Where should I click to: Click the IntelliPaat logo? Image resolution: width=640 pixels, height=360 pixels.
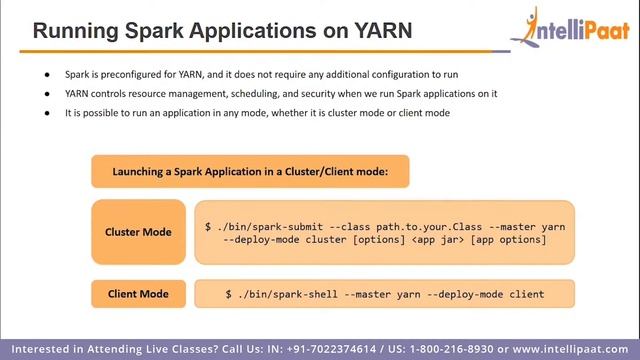568,30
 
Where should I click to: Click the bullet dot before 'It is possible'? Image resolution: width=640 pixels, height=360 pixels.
47,113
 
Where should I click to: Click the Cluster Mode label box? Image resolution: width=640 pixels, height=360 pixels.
138,232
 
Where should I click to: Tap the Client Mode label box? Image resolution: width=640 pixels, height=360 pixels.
138,294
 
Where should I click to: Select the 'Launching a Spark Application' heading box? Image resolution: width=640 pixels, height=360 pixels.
250,171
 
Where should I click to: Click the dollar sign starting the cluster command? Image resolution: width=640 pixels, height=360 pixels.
208,227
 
